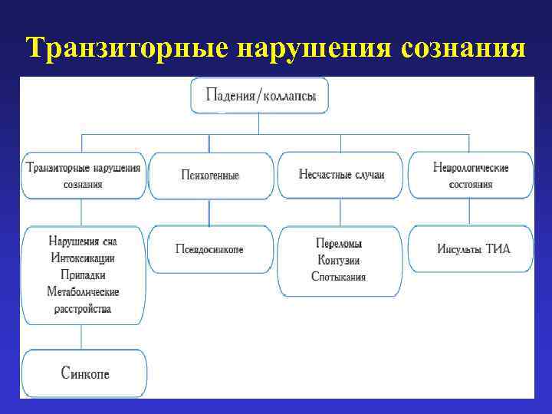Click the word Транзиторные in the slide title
pos(127,48)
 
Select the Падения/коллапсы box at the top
pos(259,97)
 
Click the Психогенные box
pos(210,176)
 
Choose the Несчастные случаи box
pos(341,175)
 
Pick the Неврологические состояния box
pos(471,176)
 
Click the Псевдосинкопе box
pos(210,249)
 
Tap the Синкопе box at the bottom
pos(84,373)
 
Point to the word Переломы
pos(339,243)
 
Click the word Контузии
pos(339,260)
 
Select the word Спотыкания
pos(339,277)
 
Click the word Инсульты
pos(460,249)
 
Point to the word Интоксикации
pos(83,258)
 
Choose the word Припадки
pos(83,274)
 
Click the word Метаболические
pos(83,291)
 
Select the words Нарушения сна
pos(83,241)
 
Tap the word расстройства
pos(83,309)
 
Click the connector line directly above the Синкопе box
pos(83,337)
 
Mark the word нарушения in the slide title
pos(311,48)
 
